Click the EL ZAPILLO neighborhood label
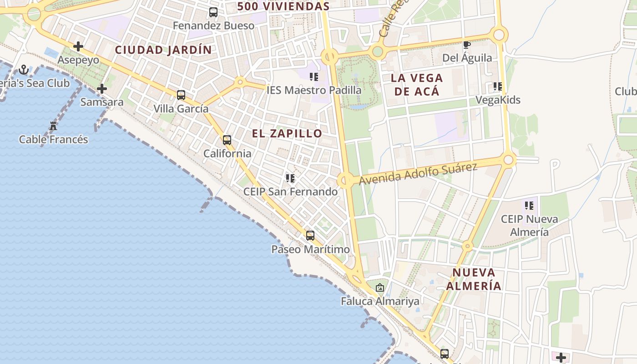pos(287,133)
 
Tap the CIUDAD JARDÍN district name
pos(163,50)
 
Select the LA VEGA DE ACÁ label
pos(415,85)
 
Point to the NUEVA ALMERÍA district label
pos(473,279)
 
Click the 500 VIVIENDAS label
pos(283,6)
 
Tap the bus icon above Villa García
pos(181,95)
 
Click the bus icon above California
pos(227,140)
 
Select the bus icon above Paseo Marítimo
pos(310,236)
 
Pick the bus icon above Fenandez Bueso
pos(213,12)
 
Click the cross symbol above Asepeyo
pos(78,46)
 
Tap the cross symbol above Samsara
pos(102,89)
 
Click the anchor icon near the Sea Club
pos(24,70)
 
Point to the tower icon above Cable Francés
pos(53,126)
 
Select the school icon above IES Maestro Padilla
pos(314,76)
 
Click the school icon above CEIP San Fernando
pos(290,178)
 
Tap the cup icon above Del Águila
pos(466,45)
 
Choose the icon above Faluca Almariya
pos(380,288)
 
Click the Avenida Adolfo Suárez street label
pos(418,174)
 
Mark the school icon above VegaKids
pos(498,86)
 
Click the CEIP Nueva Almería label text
pos(529,225)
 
